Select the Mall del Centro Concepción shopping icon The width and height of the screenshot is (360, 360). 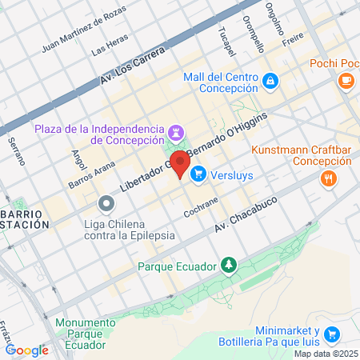coord(270,81)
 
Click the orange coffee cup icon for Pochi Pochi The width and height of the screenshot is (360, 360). coord(346,80)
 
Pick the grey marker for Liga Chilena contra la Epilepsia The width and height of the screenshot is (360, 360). coord(105,206)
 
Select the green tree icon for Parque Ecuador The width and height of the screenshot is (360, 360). coord(229,264)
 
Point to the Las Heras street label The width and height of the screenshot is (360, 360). coord(110,48)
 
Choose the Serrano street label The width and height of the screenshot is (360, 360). coord(17,150)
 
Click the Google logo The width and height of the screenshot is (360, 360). coord(26,350)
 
